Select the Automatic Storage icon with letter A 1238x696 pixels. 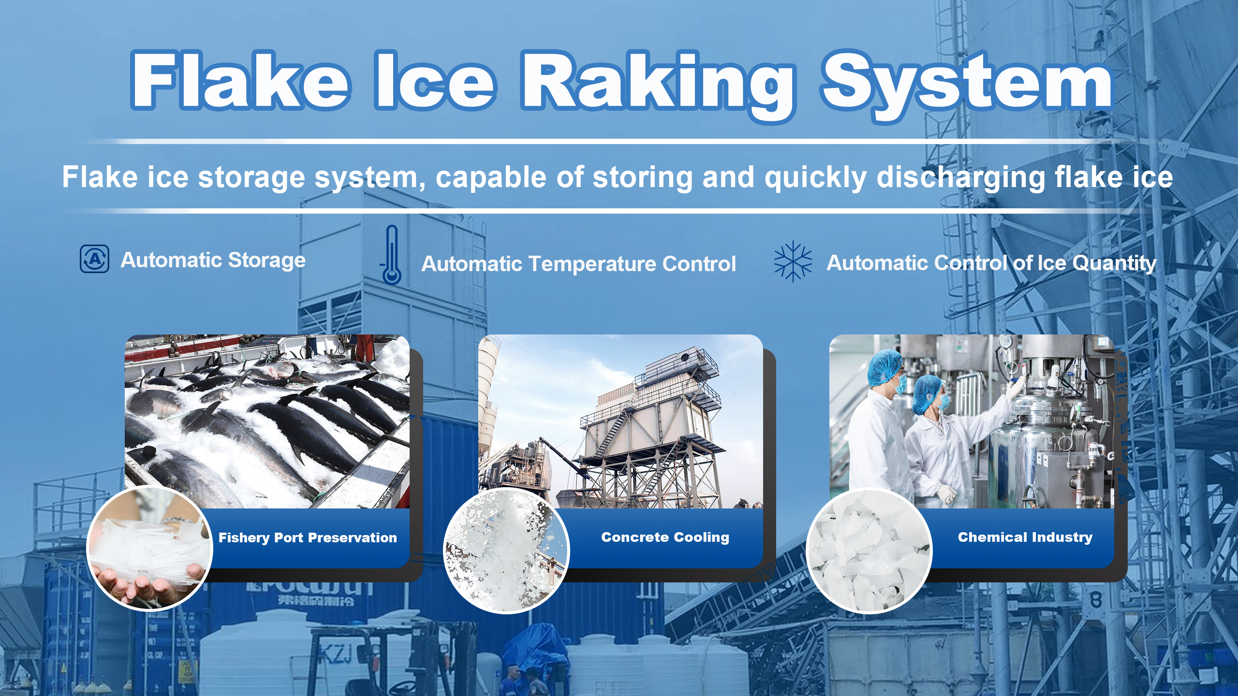pyautogui.click(x=94, y=259)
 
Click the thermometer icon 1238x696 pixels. pyautogui.click(x=392, y=255)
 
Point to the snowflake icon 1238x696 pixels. pyautogui.click(x=793, y=261)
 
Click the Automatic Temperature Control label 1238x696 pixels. pyautogui.click(x=578, y=264)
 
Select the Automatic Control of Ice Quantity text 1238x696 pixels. pyautogui.click(x=991, y=263)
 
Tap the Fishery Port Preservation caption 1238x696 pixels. pyautogui.click(x=308, y=537)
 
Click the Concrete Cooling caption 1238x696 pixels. pyautogui.click(x=665, y=537)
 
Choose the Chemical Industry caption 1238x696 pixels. pyautogui.click(x=1025, y=537)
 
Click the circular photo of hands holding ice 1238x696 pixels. pyautogui.click(x=149, y=549)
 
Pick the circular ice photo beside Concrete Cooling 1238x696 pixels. pyautogui.click(x=506, y=551)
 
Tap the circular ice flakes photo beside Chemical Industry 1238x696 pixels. pyautogui.click(x=869, y=551)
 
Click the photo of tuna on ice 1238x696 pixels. pyautogui.click(x=267, y=420)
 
